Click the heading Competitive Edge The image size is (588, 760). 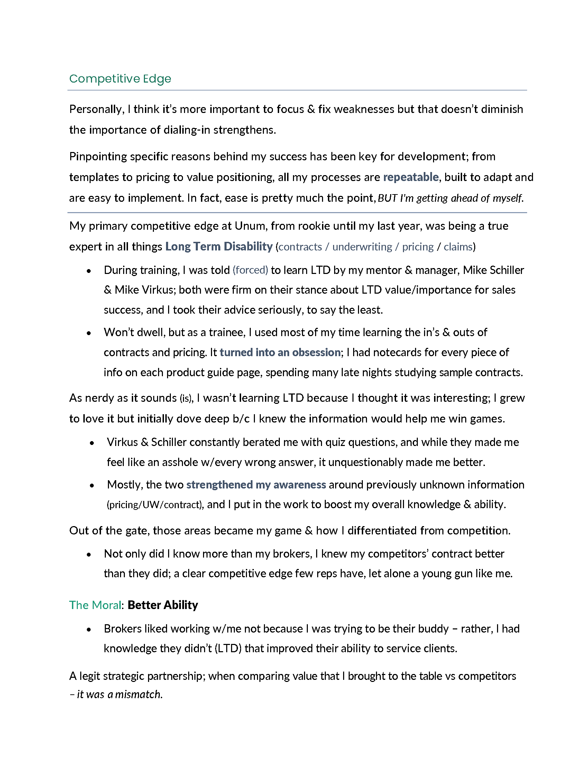pos(120,79)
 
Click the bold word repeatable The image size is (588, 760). pos(410,177)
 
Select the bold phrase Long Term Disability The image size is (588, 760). pos(219,246)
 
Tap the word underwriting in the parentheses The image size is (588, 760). pos(362,247)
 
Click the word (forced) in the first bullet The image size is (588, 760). pos(250,270)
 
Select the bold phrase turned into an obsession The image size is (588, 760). pos(280,352)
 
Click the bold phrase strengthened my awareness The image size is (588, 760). pos(256,485)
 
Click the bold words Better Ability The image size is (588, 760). pos(163,605)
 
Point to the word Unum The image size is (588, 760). pos(250,226)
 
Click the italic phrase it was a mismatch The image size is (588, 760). pos(119,695)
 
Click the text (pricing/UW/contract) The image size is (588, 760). pos(155,505)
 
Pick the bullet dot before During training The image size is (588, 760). pos(89,271)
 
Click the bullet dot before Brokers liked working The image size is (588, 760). pos(89,629)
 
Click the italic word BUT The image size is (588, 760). pos(387,198)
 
